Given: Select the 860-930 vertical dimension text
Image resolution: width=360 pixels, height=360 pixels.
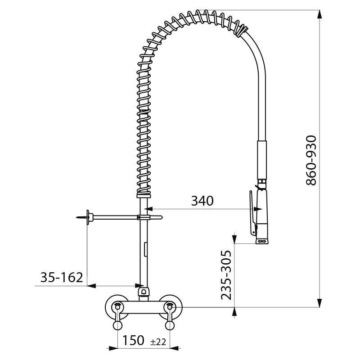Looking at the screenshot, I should (x=312, y=161).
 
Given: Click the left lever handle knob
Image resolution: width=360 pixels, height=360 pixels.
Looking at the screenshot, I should (x=117, y=325).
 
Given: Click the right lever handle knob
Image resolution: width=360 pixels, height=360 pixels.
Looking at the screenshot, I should (x=170, y=325).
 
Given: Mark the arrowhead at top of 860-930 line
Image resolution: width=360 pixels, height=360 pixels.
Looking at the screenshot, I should (x=319, y=13).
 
